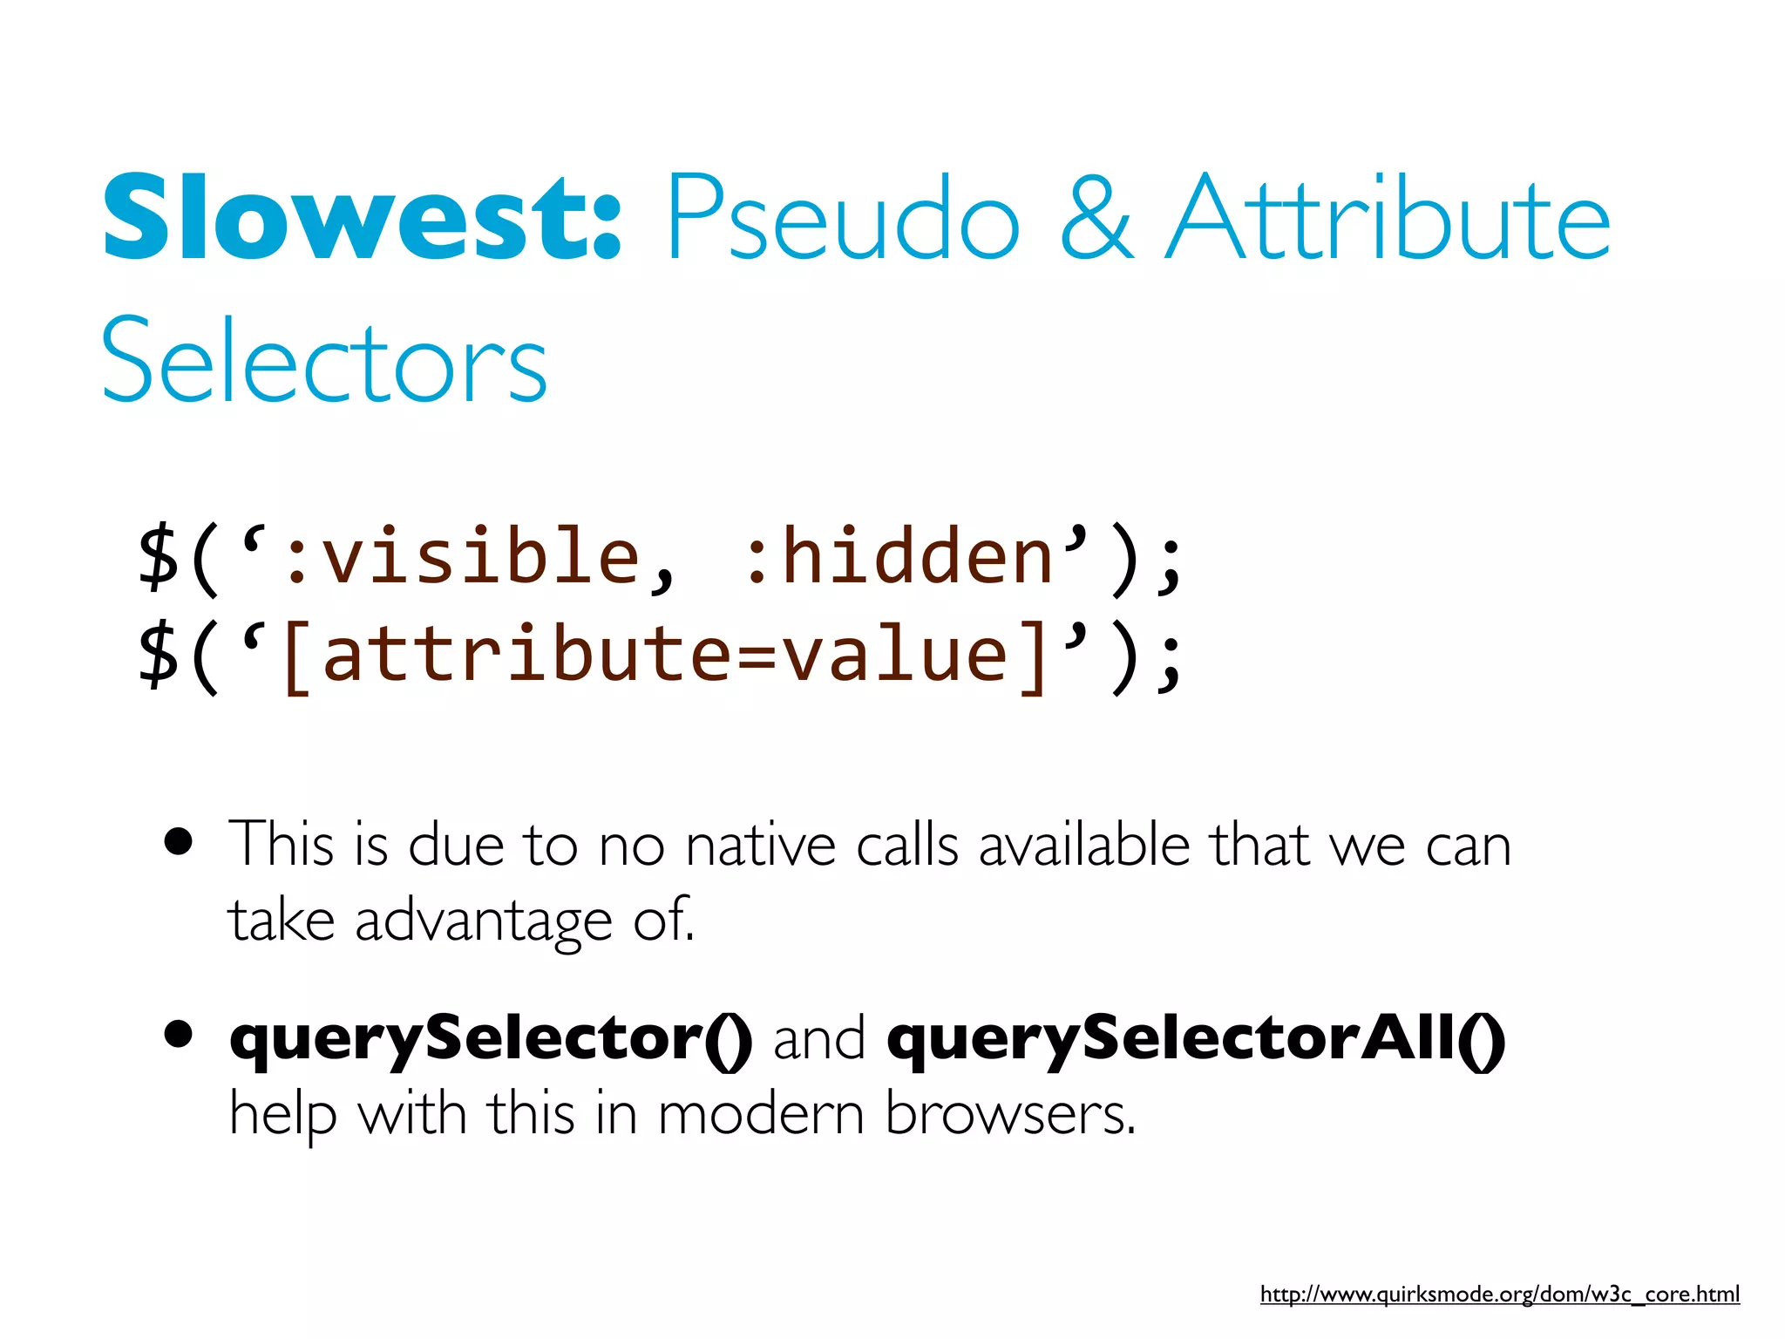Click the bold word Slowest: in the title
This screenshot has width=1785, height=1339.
tap(362, 218)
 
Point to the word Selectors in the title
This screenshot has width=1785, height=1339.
tap(324, 361)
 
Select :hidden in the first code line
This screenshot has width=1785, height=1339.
tap(898, 557)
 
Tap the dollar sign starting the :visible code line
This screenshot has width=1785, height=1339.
tap(159, 559)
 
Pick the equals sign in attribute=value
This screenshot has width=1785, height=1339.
tap(755, 658)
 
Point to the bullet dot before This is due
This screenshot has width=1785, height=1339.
tap(179, 843)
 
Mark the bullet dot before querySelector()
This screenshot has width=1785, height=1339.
tap(179, 1035)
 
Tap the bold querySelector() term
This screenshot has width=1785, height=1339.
tap(491, 1040)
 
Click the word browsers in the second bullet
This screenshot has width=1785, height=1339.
tap(1010, 1115)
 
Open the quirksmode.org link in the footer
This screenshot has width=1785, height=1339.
tap(1499, 1295)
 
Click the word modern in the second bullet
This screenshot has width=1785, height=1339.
tap(760, 1115)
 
